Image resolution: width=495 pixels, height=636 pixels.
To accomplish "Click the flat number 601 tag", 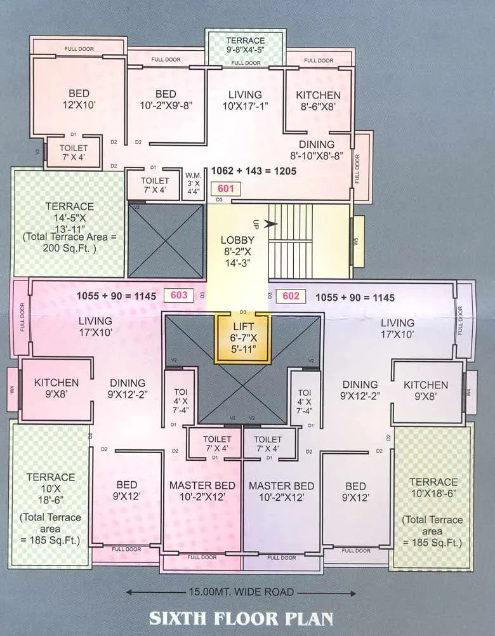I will point(226,189).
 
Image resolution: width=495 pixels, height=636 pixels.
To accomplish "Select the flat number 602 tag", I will point(291,296).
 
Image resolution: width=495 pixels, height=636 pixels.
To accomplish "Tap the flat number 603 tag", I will point(178,295).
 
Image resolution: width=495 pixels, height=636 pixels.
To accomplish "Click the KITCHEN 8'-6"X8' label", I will point(318,101).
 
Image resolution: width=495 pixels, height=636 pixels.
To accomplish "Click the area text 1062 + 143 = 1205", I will point(254,171).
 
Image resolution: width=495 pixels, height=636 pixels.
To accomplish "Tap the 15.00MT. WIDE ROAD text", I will point(241,592).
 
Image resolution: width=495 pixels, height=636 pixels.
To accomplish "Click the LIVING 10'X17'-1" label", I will point(245,101).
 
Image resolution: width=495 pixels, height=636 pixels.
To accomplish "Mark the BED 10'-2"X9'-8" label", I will point(165,100).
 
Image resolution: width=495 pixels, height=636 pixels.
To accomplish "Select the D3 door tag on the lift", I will point(243,312).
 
